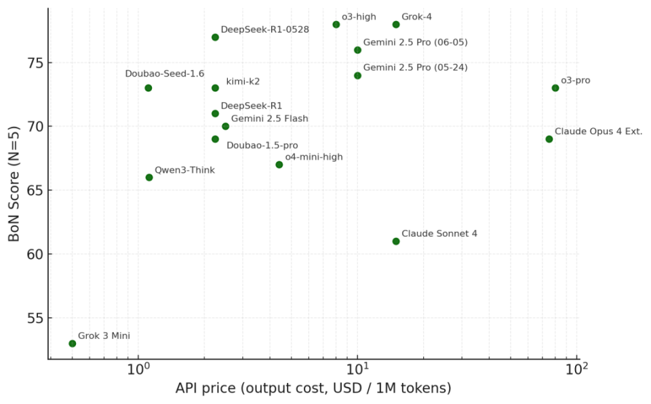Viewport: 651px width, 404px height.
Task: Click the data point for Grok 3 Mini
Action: [x=73, y=344]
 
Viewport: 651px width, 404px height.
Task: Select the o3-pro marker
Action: [x=555, y=88]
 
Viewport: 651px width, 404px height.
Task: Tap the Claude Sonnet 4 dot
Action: [x=396, y=241]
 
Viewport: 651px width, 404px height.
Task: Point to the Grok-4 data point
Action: [x=396, y=24]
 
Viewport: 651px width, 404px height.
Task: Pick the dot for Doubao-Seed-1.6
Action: [x=149, y=88]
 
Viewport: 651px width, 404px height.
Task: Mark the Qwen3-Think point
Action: [x=149, y=178]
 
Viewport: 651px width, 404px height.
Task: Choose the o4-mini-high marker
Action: [x=279, y=165]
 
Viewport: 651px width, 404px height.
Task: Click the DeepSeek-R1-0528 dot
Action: [x=215, y=37]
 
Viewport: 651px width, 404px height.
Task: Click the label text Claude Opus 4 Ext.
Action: [x=598, y=132]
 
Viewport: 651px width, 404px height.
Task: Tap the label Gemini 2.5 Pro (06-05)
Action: [x=415, y=42]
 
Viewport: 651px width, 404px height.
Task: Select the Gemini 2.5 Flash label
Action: [x=269, y=119]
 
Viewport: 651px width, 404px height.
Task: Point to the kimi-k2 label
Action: [x=243, y=81]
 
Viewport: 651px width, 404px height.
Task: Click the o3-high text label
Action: [x=359, y=16]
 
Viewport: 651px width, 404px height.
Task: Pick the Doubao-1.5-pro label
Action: [x=262, y=145]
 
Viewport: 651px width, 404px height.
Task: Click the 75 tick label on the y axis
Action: [x=33, y=63]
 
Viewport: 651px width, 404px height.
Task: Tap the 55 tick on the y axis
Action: [x=33, y=318]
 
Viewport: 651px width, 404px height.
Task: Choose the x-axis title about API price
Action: [x=313, y=389]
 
